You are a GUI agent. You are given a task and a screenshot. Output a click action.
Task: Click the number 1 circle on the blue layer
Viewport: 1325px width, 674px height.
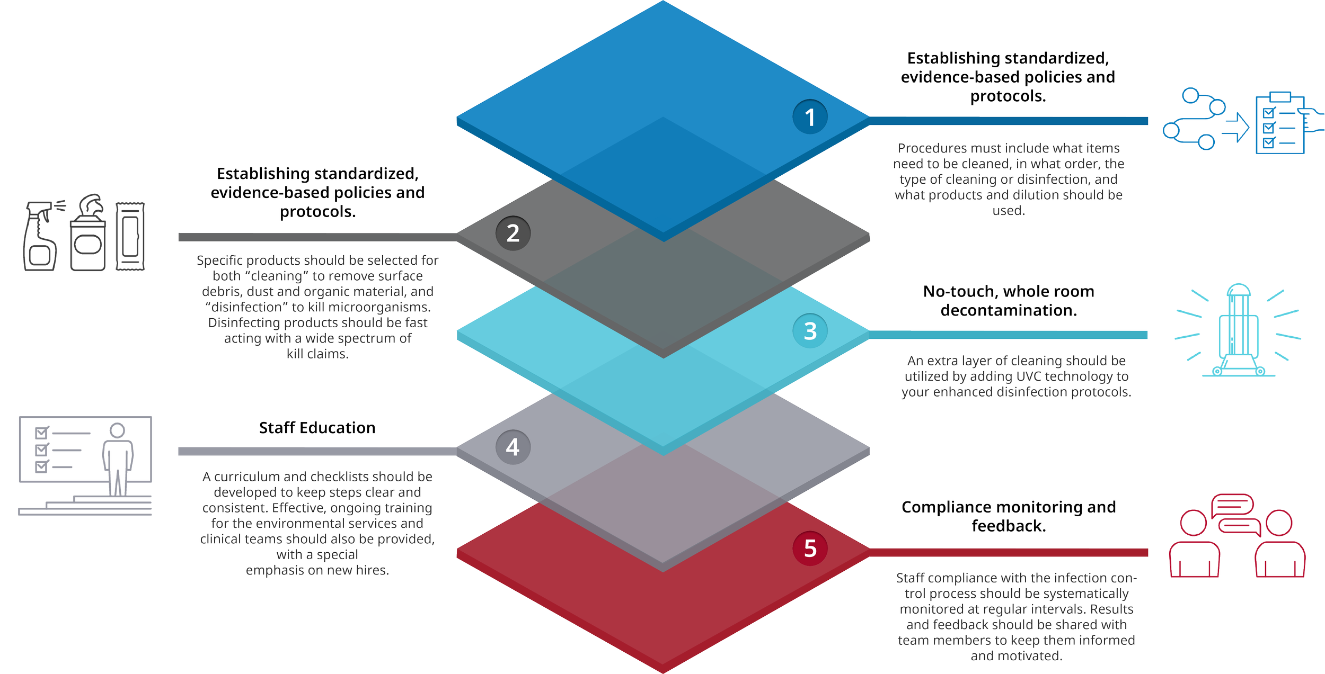(x=810, y=117)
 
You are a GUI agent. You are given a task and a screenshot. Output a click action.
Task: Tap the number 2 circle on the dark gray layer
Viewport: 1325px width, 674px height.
(x=513, y=233)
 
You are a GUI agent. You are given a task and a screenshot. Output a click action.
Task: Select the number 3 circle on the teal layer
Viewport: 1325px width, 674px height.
(x=810, y=331)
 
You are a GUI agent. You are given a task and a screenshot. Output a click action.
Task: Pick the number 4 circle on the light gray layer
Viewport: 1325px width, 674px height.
(x=513, y=447)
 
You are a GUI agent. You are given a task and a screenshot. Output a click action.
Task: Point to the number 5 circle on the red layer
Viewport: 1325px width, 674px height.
(x=810, y=549)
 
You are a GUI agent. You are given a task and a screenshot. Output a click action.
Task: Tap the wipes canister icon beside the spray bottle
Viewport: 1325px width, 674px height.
(x=88, y=233)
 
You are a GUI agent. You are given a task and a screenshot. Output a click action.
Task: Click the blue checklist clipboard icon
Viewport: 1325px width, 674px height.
(x=1280, y=124)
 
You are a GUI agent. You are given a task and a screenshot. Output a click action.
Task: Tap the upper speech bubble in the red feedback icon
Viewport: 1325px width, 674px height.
(x=1233, y=506)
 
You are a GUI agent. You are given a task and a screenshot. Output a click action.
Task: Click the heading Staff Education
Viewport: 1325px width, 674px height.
(x=317, y=428)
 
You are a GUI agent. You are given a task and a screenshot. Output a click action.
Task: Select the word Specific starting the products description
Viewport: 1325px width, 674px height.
(x=218, y=260)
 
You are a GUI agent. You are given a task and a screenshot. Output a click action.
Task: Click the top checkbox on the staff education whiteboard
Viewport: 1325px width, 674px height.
(x=42, y=433)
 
